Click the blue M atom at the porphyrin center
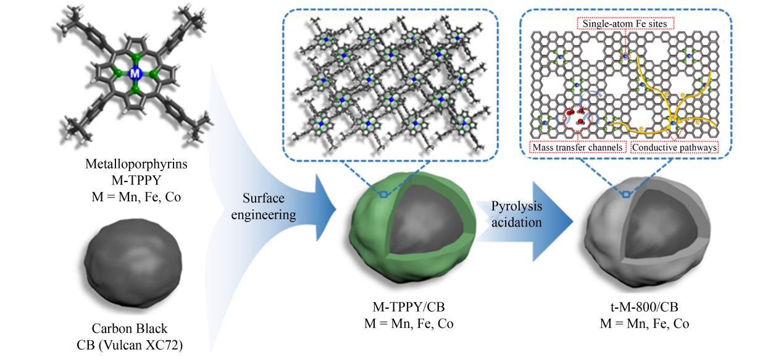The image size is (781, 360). (x=136, y=73)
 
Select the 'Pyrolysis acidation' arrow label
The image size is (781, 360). (x=517, y=213)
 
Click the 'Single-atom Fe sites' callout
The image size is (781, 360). (x=625, y=23)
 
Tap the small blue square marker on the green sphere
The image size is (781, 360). (x=383, y=195)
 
